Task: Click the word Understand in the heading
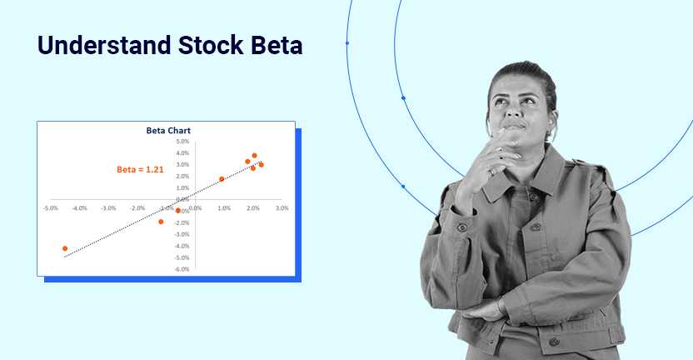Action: click(104, 45)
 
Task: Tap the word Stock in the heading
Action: click(211, 45)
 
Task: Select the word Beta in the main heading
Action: click(277, 45)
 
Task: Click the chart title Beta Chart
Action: click(168, 131)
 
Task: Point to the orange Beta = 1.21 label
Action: click(140, 169)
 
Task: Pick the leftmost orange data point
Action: click(65, 248)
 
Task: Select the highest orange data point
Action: click(254, 156)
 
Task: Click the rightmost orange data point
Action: click(262, 165)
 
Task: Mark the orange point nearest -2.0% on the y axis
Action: click(161, 222)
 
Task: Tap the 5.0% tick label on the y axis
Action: click(182, 142)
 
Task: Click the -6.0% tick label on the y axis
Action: click(182, 269)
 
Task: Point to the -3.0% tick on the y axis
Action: click(182, 234)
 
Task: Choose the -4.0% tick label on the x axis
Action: click(80, 208)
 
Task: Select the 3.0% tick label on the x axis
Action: click(282, 208)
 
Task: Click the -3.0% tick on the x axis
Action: click(108, 208)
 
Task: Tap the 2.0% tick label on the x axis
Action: click(253, 208)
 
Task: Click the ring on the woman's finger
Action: click(492, 172)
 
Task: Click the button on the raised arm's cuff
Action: click(462, 227)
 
